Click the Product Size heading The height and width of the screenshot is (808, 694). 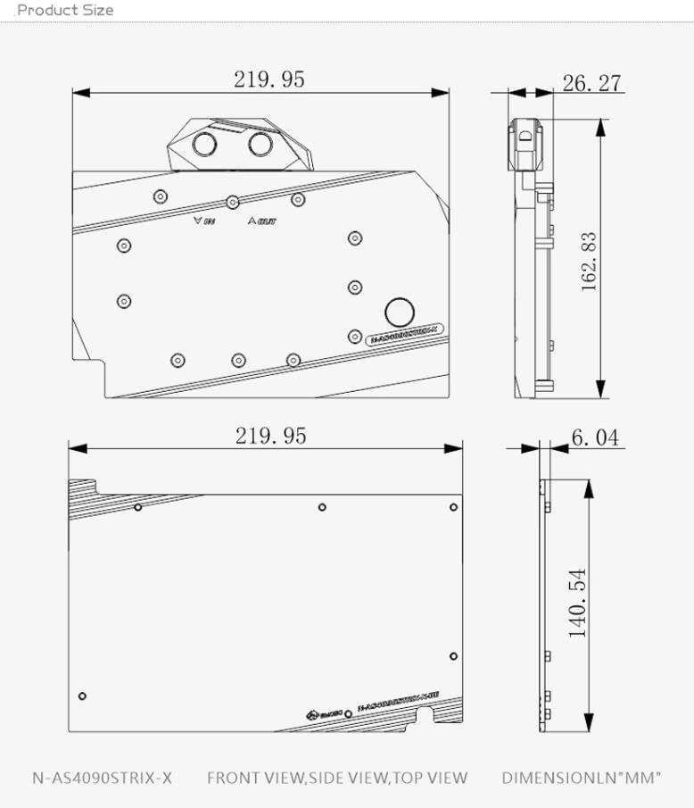coord(65,11)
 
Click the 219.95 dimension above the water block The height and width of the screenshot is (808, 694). coord(269,79)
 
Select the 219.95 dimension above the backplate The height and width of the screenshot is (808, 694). coord(270,436)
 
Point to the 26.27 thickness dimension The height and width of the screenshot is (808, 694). coord(591,84)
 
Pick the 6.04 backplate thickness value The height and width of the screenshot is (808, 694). coord(594,437)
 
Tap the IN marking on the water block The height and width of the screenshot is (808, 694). coord(203,220)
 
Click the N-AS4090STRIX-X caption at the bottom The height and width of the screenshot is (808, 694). coord(103,778)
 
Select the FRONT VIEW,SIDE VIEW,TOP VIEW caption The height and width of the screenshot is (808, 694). coord(336,778)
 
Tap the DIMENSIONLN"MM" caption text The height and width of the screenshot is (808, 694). coord(581,778)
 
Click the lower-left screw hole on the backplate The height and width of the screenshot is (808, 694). coord(82,696)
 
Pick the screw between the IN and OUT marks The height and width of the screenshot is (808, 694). coord(233,202)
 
